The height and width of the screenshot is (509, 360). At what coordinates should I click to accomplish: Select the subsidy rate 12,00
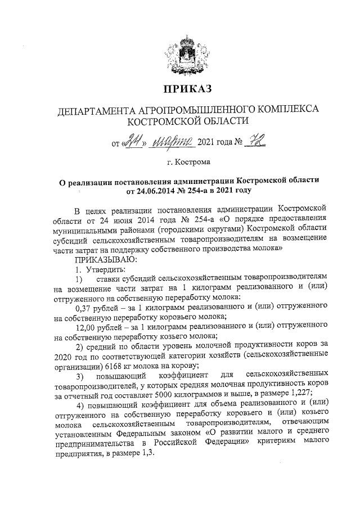88,326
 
